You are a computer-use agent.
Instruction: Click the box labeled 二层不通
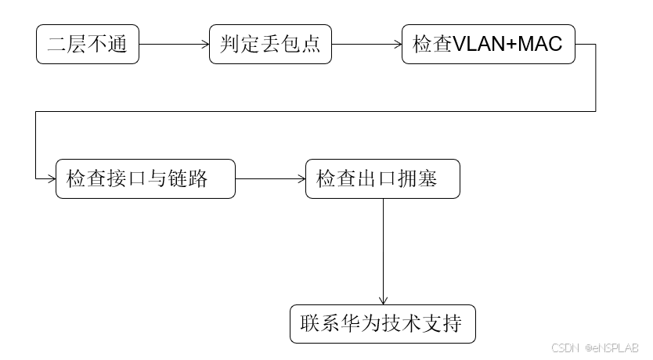87,44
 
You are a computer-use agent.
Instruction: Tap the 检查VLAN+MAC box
488,44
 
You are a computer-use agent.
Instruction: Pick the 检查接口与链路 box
145,179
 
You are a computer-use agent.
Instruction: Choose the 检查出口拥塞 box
382,179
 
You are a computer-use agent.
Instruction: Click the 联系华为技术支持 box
382,323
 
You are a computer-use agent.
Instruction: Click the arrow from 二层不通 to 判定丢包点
174,44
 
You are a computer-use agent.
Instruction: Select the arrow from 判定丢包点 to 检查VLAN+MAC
366,44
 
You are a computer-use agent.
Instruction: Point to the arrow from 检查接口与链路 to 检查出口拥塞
270,179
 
